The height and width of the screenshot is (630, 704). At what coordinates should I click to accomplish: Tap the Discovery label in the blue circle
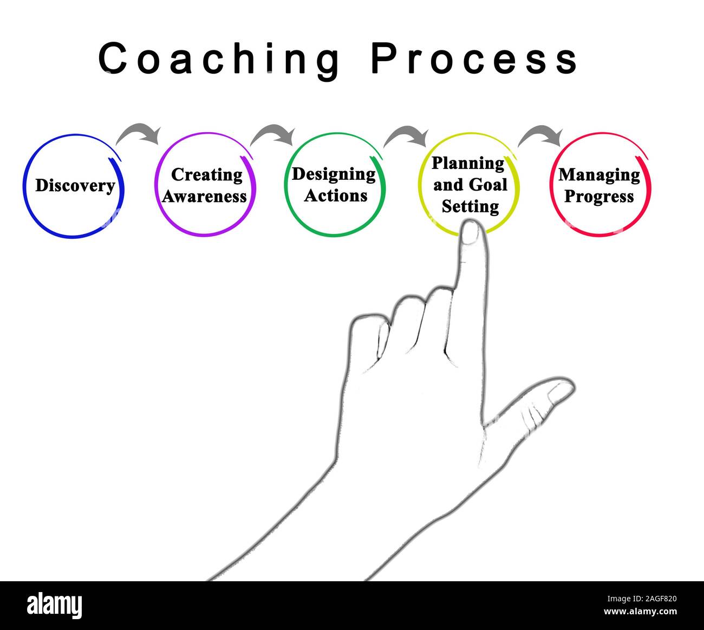click(75, 186)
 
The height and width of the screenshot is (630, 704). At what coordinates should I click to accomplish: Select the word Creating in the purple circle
click(206, 174)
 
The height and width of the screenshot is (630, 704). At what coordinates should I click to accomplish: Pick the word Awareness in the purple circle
click(204, 196)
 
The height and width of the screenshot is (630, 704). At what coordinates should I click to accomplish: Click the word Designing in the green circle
click(334, 174)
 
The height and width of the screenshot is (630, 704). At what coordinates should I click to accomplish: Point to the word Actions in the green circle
click(335, 195)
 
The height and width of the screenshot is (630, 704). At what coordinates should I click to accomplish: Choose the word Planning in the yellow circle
click(467, 163)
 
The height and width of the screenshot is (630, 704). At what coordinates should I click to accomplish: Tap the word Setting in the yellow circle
click(470, 206)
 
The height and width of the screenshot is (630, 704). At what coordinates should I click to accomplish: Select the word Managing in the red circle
click(599, 174)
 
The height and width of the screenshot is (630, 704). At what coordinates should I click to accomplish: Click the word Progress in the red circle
click(599, 196)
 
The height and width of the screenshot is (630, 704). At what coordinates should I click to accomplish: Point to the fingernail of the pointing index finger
click(471, 233)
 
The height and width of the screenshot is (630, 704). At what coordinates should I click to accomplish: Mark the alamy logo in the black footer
click(55, 605)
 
